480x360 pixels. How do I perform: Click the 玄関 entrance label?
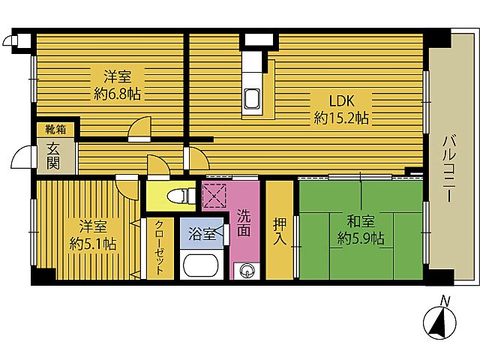click(x=52, y=155)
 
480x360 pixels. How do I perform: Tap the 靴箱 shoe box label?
click(x=55, y=130)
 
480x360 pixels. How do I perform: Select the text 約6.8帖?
click(x=118, y=94)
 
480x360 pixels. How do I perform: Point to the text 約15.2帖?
click(x=341, y=118)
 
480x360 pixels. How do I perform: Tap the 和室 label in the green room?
click(x=360, y=221)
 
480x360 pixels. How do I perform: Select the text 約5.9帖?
click(x=360, y=238)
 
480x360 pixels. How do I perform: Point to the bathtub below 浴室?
click(x=199, y=266)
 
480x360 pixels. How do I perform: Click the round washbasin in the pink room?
click(x=247, y=271)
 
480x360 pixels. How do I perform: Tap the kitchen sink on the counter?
click(x=252, y=98)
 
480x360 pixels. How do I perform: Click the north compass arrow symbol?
click(x=439, y=324)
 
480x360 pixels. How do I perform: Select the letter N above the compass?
click(x=445, y=301)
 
